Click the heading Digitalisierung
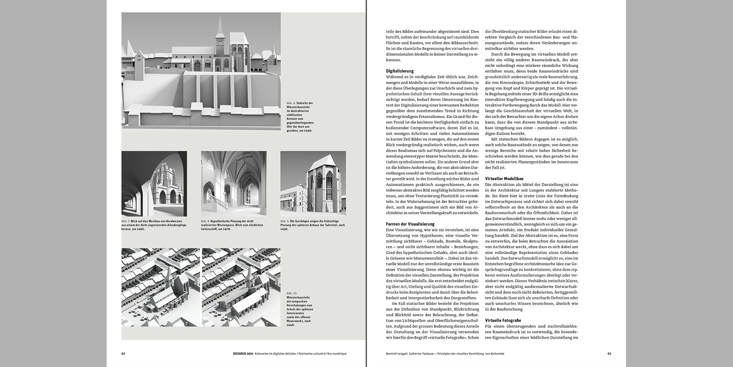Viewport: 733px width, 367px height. pos(399,71)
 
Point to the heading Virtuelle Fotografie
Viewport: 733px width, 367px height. pos(503,320)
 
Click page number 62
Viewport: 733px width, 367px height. pos(123,354)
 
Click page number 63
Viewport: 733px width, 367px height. pos(609,354)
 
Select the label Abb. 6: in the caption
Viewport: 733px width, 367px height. pos(291,103)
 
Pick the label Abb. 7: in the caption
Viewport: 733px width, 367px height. pos(126,221)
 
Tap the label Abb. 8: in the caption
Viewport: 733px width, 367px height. pos(205,221)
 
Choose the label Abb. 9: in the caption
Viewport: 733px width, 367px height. pos(285,221)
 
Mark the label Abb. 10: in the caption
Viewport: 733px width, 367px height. pos(292,293)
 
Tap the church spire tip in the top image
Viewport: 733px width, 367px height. pos(220,16)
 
